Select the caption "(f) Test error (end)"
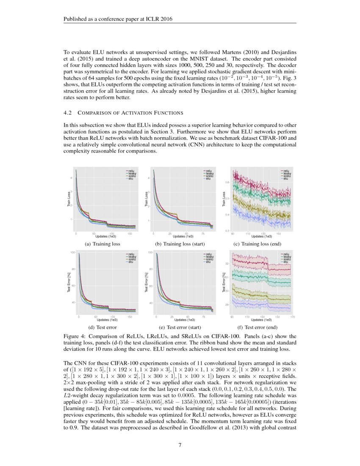[261, 327]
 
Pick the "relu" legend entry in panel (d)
[131, 254]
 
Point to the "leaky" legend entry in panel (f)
[287, 257]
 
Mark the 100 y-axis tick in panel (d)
[73, 252]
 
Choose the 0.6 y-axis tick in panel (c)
[227, 182]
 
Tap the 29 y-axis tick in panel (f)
[227, 305]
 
